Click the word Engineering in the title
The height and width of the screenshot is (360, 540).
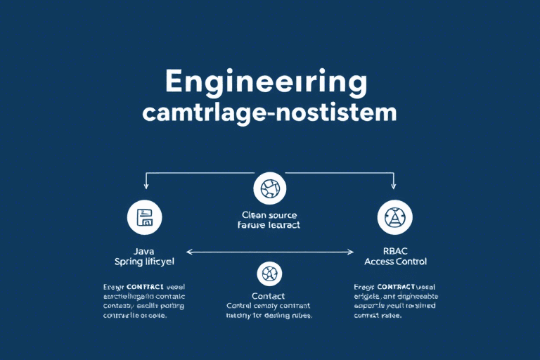266,83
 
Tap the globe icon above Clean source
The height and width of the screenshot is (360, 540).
270,188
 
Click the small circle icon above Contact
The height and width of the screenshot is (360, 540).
270,273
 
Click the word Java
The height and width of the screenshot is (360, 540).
144,250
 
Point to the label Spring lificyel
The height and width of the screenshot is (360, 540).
144,262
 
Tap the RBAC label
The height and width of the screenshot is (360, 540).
394,250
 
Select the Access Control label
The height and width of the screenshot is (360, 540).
394,262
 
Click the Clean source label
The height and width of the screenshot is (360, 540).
269,214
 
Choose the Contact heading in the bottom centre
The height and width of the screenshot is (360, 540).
269,295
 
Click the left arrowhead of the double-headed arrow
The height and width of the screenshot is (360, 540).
188,251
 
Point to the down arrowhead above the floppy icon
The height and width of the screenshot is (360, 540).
146,186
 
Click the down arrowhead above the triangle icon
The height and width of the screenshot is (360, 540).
392,186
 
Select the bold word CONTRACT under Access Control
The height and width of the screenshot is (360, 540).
397,286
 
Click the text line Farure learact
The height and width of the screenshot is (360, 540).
269,225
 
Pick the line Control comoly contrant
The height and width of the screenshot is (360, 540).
269,306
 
